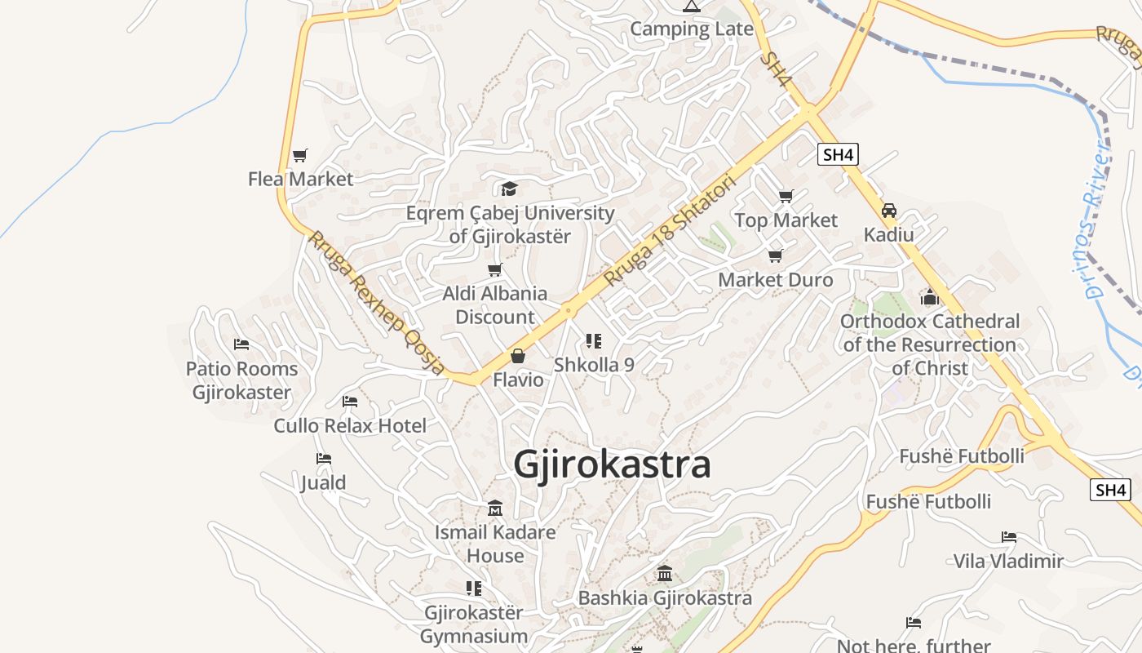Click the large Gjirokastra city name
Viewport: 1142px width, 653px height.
point(612,464)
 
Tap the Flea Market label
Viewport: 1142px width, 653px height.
point(300,179)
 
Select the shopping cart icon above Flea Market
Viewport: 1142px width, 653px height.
point(300,155)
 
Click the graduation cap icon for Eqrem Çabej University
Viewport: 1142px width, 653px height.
point(510,189)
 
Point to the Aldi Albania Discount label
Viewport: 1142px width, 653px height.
point(494,305)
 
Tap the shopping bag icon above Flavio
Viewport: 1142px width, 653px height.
point(517,356)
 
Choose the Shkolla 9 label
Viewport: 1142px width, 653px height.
point(594,365)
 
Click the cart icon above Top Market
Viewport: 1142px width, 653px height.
point(786,197)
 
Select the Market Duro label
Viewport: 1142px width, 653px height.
point(775,280)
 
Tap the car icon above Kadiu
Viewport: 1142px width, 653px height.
point(889,211)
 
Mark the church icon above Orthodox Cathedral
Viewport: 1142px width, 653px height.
point(929,297)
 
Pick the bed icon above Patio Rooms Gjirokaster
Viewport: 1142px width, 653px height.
point(241,344)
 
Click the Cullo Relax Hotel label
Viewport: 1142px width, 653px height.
point(350,425)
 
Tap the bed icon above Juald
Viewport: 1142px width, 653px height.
point(324,459)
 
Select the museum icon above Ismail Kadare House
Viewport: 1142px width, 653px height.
point(494,509)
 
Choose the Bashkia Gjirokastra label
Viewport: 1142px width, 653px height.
point(665,598)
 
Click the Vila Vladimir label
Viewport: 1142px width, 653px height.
point(1008,561)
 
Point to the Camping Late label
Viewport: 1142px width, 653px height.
point(692,29)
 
